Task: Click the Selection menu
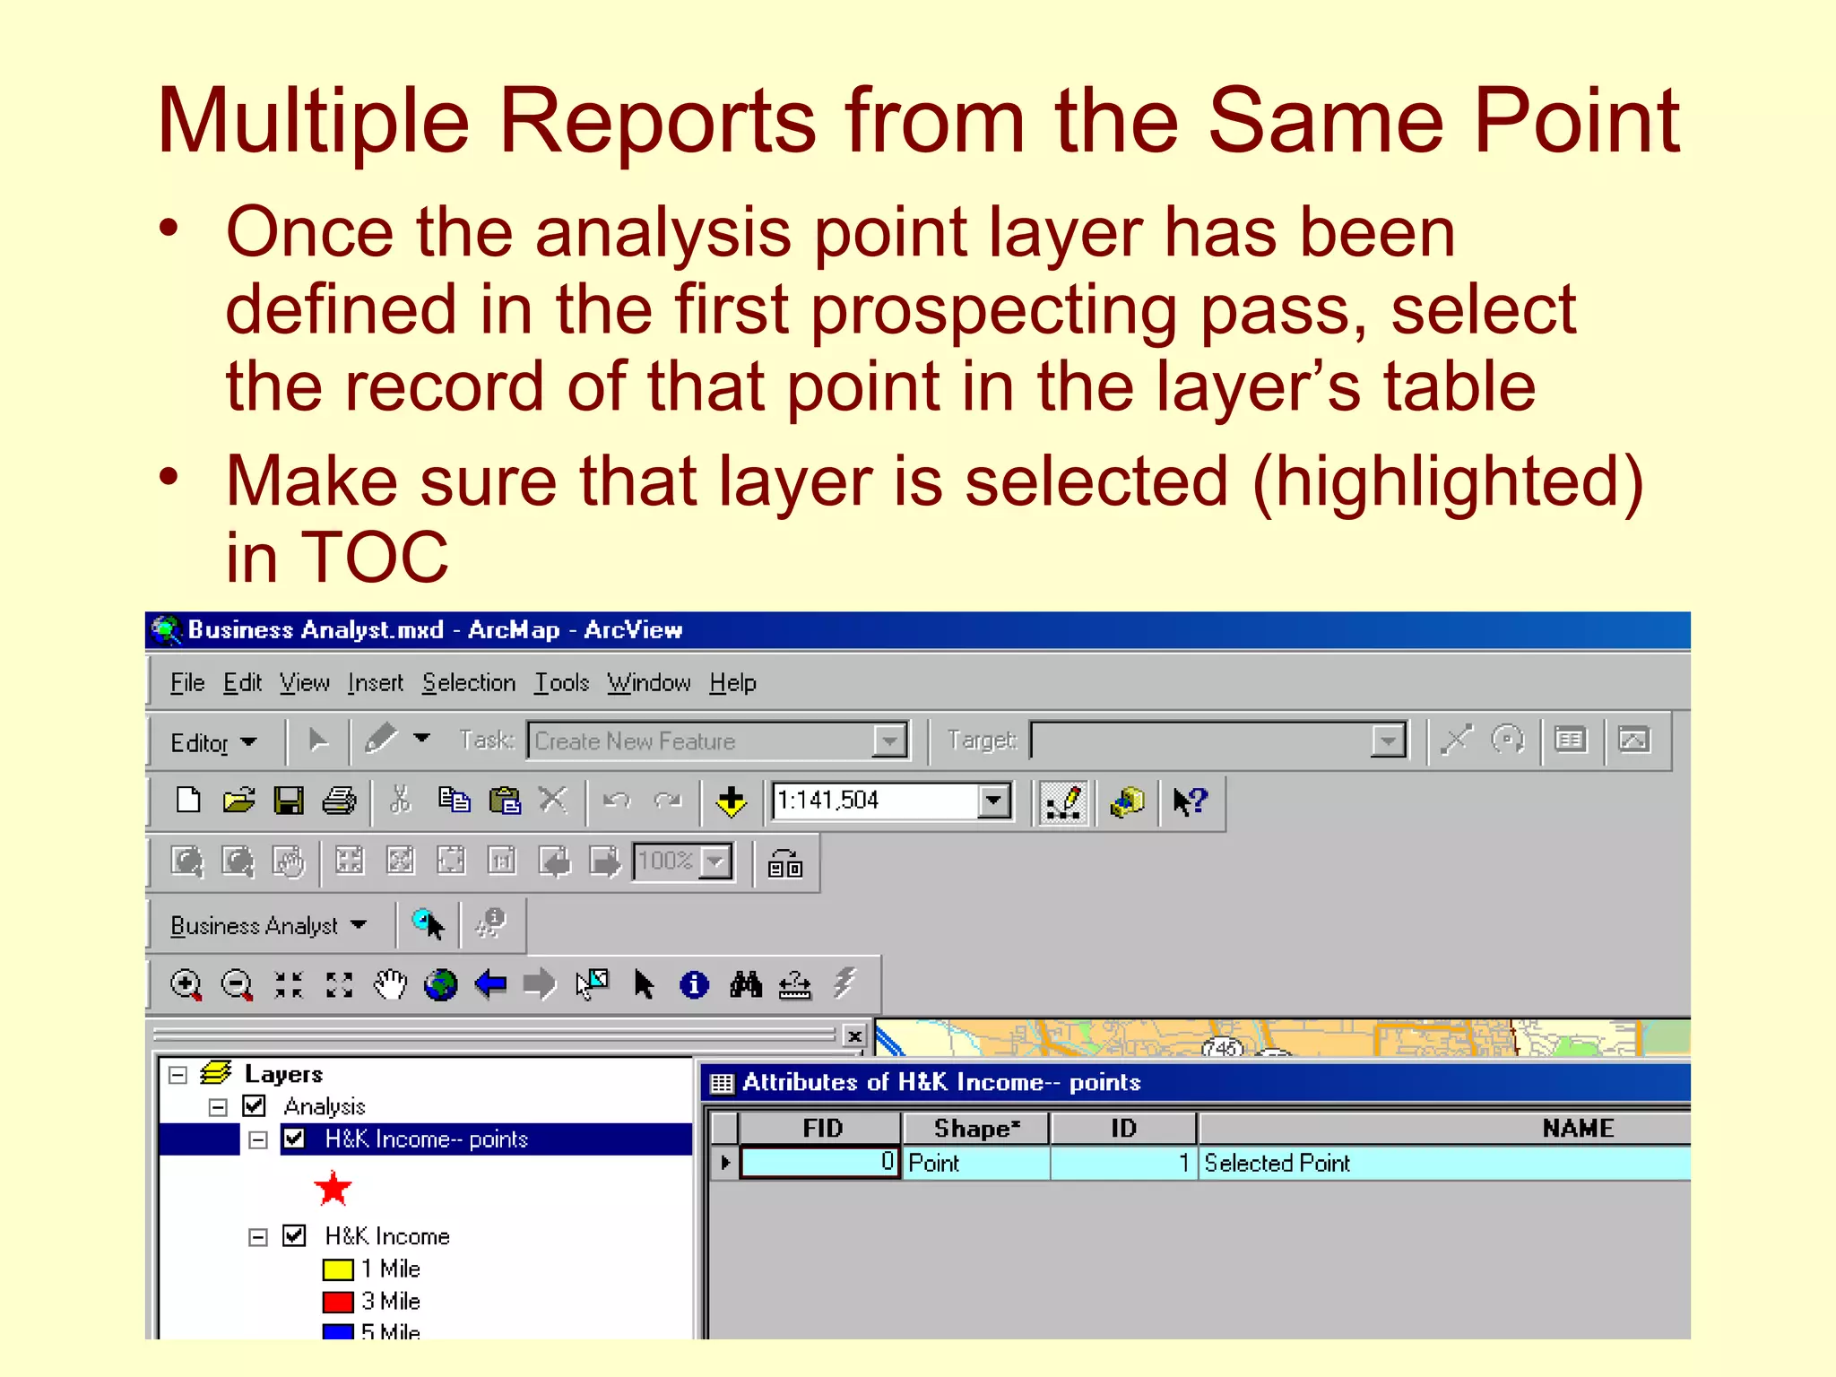point(469,683)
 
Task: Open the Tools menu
point(561,683)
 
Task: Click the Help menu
point(732,683)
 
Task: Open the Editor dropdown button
point(213,742)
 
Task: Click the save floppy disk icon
point(289,800)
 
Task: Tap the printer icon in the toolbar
point(339,800)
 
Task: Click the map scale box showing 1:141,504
point(876,800)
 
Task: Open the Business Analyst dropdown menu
point(267,925)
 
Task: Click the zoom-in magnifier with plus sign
point(186,984)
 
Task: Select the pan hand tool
point(390,984)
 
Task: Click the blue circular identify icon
point(694,984)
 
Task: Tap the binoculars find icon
point(745,984)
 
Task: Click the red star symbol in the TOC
point(333,1189)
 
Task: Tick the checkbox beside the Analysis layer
point(255,1106)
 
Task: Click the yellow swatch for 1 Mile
point(338,1269)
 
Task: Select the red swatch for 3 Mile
point(338,1301)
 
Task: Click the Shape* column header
point(975,1128)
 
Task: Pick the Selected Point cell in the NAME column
point(1277,1163)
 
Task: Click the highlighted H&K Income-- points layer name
point(426,1139)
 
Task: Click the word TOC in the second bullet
point(374,557)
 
